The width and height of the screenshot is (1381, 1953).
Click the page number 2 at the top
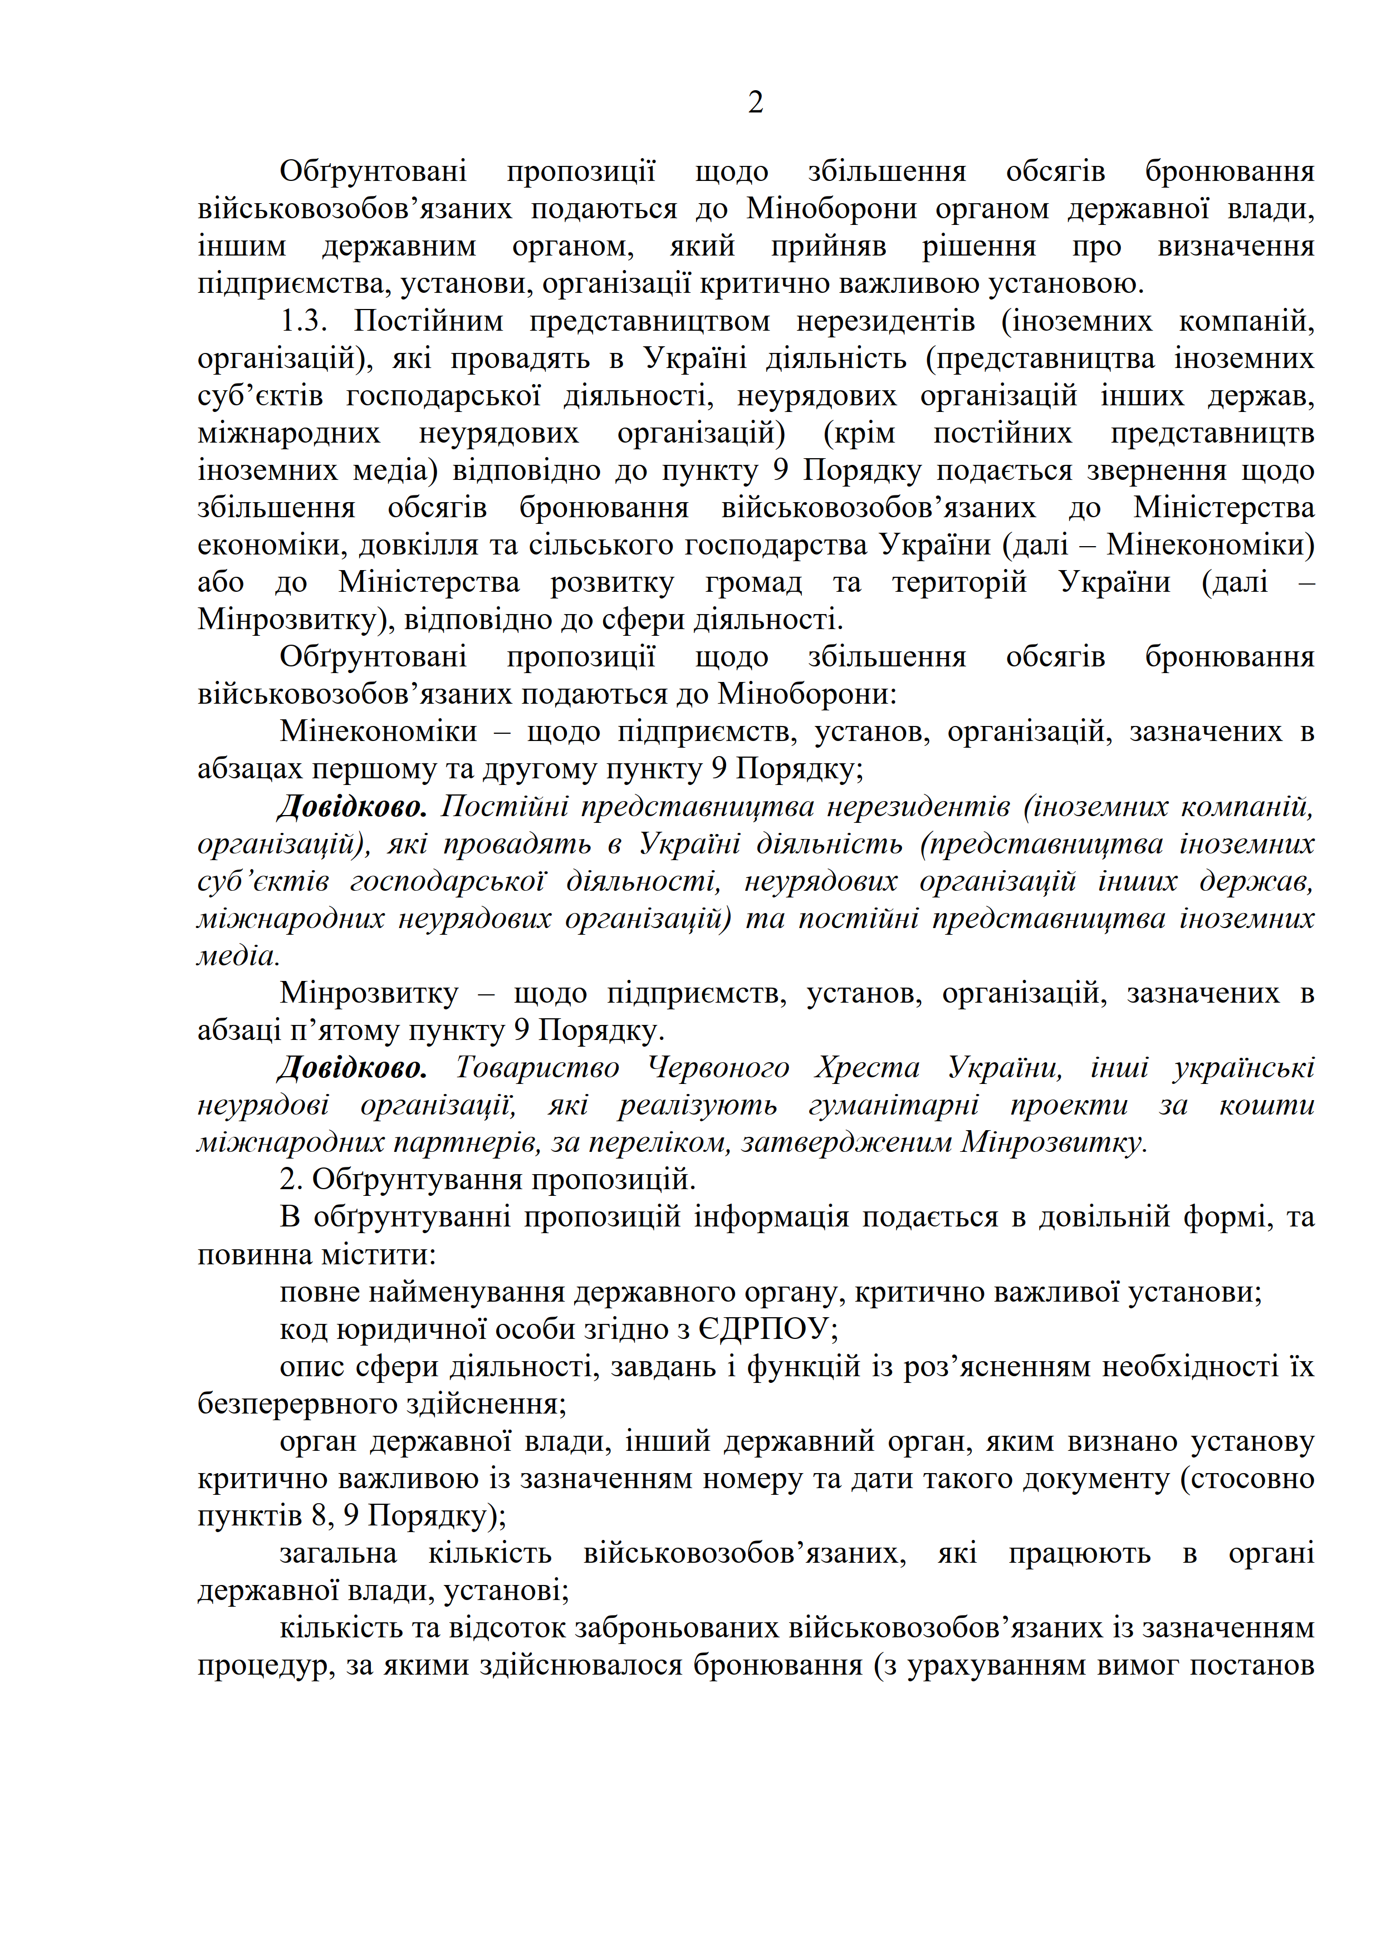[755, 103]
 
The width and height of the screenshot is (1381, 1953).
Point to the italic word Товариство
[538, 1067]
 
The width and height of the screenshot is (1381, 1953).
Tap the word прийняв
[828, 246]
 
